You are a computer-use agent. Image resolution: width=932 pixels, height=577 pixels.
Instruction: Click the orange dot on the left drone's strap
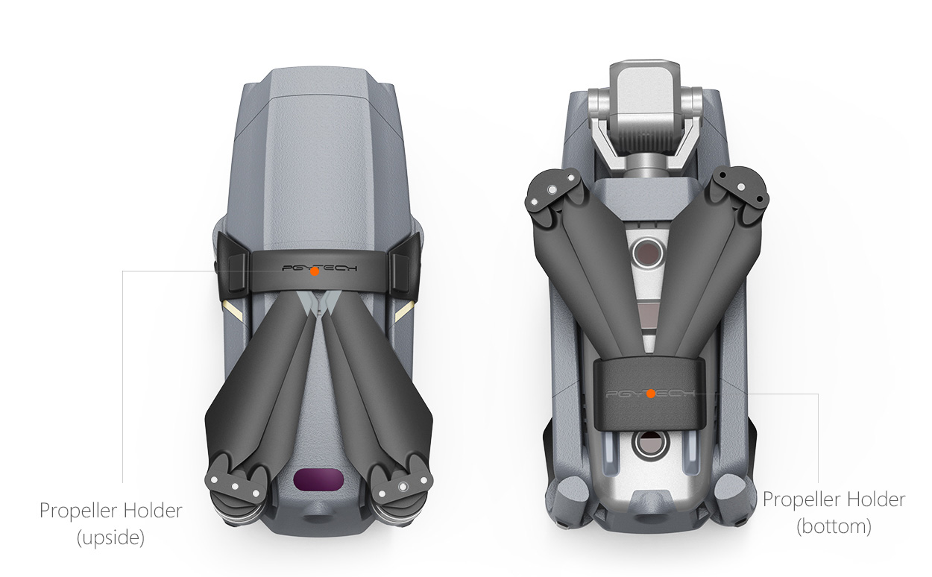tap(315, 271)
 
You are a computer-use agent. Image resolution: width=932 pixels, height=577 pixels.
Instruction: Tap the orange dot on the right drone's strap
tap(651, 394)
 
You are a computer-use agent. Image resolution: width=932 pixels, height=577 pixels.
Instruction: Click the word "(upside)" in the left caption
tap(110, 537)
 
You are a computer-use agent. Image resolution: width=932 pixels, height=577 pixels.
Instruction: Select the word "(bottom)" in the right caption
tap(834, 526)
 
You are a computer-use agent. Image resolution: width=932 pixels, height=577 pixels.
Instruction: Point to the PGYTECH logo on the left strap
tap(320, 268)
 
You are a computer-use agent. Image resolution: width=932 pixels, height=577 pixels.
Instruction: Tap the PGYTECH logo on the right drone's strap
tap(651, 394)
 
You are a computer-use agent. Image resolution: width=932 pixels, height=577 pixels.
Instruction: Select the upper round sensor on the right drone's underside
tap(648, 252)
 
